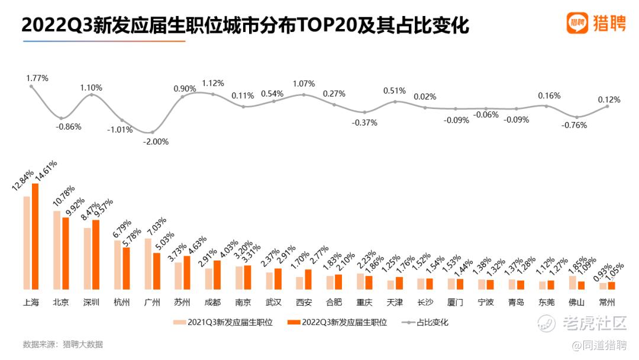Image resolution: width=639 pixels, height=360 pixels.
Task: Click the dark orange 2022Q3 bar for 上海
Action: pyautogui.click(x=35, y=236)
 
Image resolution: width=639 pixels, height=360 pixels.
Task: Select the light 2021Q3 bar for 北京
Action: pyautogui.click(x=57, y=250)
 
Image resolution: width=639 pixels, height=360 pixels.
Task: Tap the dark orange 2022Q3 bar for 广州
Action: pyautogui.click(x=156, y=271)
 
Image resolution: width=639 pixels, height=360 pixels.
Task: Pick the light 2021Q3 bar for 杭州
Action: pyautogui.click(x=117, y=265)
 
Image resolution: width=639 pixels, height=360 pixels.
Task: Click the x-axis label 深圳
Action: pyautogui.click(x=91, y=303)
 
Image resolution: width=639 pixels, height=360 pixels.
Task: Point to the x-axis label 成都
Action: pyautogui.click(x=212, y=303)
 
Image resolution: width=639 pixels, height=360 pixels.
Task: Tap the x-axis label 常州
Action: pyautogui.click(x=607, y=303)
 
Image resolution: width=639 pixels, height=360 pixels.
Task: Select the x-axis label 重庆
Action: pyautogui.click(x=364, y=303)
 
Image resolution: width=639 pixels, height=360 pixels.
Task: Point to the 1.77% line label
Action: pyautogui.click(x=37, y=78)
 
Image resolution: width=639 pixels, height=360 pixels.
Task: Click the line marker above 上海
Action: pyautogui.click(x=31, y=86)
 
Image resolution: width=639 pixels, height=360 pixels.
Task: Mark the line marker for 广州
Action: pyautogui.click(x=152, y=132)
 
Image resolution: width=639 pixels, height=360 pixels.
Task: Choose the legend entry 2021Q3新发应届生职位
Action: pyautogui.click(x=222, y=323)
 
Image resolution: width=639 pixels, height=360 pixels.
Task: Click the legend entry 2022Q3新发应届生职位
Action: pyautogui.click(x=337, y=323)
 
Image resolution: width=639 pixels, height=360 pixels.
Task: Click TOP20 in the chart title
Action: pyautogui.click(x=324, y=25)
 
